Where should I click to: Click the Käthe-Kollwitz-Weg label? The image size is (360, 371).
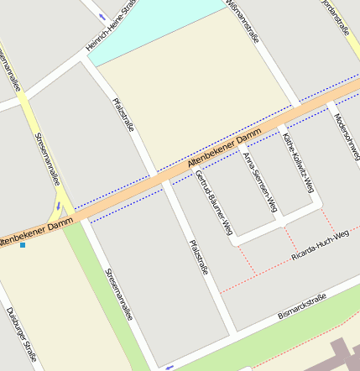point(297,159)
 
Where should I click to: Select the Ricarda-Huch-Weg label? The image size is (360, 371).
point(319,243)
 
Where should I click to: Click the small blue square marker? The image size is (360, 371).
point(23,245)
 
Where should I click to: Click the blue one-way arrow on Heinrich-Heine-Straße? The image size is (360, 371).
point(103,17)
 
